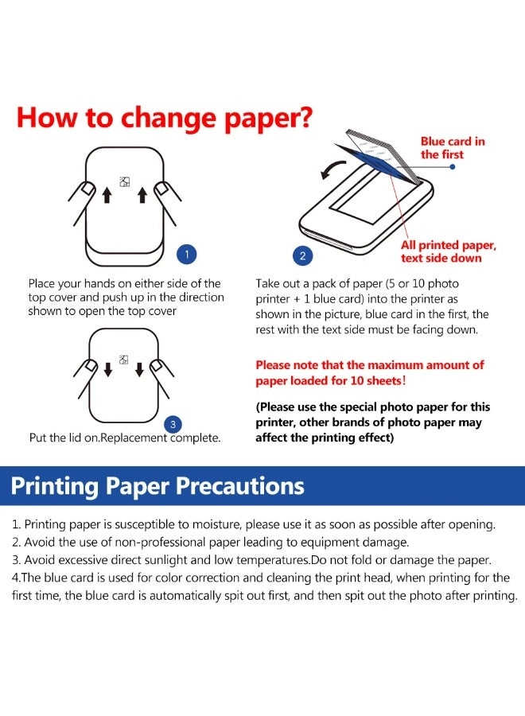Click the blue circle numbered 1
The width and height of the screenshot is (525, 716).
point(186,254)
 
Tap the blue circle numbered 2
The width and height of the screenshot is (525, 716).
point(302,255)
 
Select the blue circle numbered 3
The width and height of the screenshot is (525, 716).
point(173,425)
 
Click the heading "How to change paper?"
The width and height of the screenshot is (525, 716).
point(165,119)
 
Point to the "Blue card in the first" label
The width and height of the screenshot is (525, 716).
point(453,148)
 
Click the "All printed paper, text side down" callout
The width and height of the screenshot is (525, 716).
point(449,251)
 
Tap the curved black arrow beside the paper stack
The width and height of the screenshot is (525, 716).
point(333,169)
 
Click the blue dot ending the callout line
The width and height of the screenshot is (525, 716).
point(453,167)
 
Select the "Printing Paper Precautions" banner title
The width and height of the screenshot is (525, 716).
point(157,486)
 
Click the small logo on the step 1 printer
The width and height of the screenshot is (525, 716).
point(125,181)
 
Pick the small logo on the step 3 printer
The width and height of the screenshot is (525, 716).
point(123,360)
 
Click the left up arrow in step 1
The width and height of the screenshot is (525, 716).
point(107,195)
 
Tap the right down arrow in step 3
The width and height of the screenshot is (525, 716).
point(140,369)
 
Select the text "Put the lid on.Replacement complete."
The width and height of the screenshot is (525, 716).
point(125,438)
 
